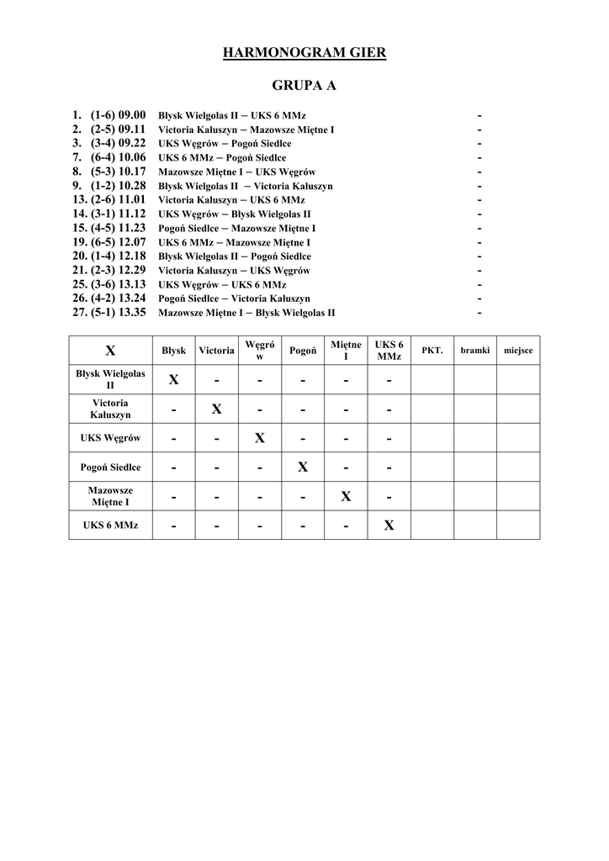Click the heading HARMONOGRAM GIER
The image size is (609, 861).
[x=304, y=54]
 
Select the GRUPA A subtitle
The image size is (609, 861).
[x=304, y=86]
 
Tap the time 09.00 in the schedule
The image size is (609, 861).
[x=132, y=114]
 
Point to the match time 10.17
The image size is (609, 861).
[x=132, y=171]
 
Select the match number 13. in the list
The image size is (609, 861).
[x=80, y=199]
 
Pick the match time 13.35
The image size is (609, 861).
[x=132, y=312]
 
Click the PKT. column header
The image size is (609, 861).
[x=432, y=350]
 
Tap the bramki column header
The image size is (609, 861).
[x=474, y=350]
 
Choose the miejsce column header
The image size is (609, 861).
[x=518, y=350]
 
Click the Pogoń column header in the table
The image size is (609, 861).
[x=303, y=351]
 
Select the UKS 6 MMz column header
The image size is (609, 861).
[x=389, y=351]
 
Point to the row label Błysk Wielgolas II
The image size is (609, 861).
[x=110, y=379]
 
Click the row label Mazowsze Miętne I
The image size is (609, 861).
[x=110, y=496]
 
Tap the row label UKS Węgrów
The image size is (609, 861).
[x=110, y=438]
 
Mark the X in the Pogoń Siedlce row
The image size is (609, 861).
[x=303, y=467]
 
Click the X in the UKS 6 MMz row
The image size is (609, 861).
[x=389, y=526]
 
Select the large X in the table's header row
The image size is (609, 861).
[x=110, y=351]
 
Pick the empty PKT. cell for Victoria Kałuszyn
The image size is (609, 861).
[x=432, y=409]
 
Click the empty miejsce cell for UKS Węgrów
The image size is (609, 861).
[x=518, y=438]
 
